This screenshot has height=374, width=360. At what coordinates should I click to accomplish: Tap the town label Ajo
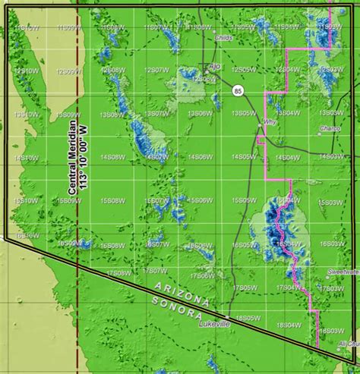[213, 66]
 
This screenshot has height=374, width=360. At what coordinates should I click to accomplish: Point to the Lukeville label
[213, 325]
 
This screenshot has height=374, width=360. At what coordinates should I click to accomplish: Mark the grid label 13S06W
[200, 114]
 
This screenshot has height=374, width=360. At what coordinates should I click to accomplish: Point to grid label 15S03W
[331, 201]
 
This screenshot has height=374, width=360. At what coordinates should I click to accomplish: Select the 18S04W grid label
[286, 325]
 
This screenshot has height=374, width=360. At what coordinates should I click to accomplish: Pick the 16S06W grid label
[200, 244]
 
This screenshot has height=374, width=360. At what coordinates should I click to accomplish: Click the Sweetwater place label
[343, 271]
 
